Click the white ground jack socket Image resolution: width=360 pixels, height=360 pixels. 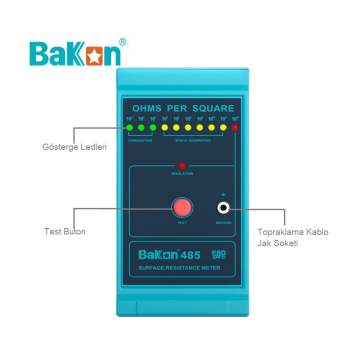226,208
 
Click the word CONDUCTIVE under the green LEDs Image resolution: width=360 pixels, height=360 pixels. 140,140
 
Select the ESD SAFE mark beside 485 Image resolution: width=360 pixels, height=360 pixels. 225,253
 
